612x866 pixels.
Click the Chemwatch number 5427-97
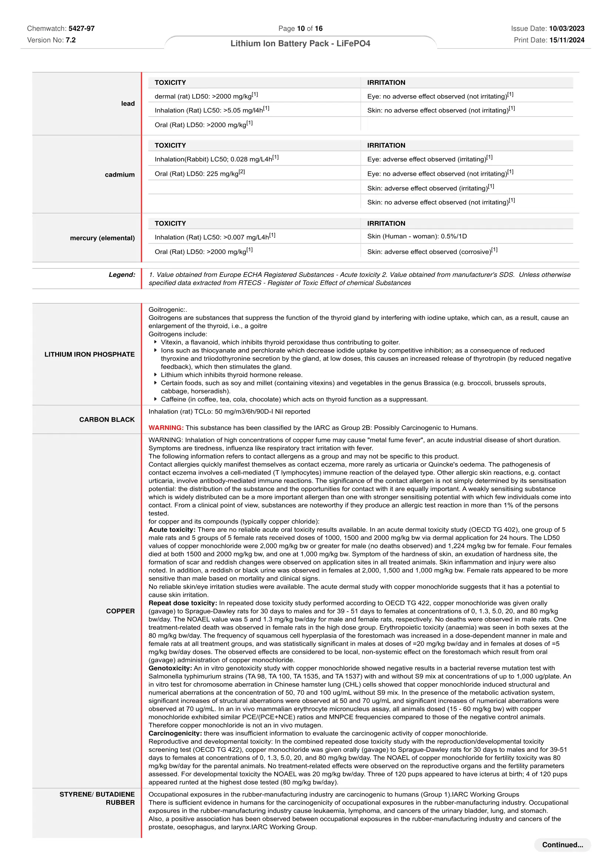pos(81,28)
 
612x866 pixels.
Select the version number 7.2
pos(70,40)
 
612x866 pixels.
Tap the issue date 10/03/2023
pos(566,28)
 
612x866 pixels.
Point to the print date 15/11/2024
pos(567,40)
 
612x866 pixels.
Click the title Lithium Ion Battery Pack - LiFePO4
pos(300,43)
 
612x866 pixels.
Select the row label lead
pos(128,103)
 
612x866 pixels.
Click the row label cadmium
pos(120,174)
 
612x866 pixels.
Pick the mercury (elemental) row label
pos(102,238)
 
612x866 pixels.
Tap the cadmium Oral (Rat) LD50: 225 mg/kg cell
pos(200,173)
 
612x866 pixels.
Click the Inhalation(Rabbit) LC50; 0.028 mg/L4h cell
pos(217,159)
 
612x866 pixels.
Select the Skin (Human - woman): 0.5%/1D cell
pos(417,236)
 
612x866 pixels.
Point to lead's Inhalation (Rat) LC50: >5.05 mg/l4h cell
pos(212,110)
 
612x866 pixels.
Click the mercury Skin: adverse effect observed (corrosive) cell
pos(432,251)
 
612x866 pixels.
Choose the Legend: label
pos(122,275)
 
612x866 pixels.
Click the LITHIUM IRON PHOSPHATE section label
pos(89,354)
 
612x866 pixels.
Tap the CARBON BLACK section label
pos(107,419)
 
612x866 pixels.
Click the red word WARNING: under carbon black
pos(166,428)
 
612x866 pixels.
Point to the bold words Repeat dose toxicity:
pos(183,603)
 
